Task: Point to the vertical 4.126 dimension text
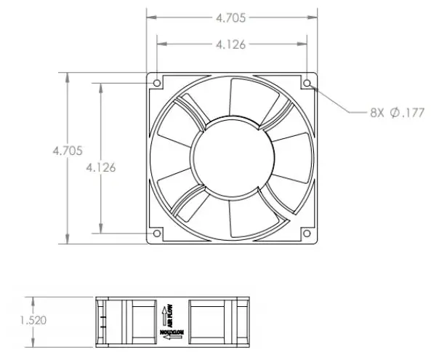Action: [100, 167]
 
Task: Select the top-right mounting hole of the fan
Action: [307, 83]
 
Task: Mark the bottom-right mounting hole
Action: [307, 233]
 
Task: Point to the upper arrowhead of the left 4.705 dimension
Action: [68, 76]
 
